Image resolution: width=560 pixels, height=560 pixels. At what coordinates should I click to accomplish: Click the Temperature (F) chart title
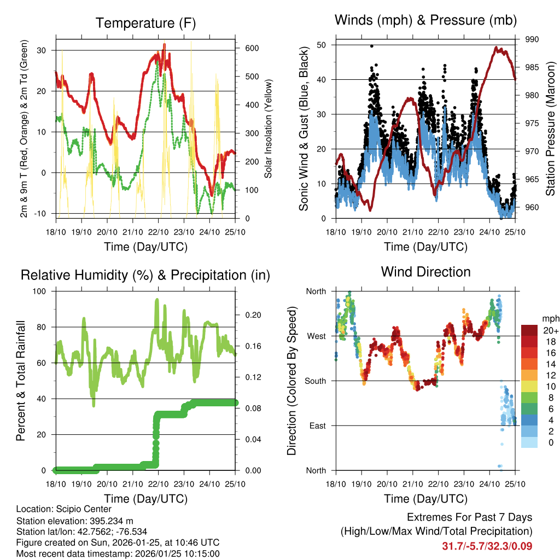145,24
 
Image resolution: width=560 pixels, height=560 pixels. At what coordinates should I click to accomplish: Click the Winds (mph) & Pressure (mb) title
425,20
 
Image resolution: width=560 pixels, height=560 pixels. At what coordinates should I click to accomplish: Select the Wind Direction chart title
425,272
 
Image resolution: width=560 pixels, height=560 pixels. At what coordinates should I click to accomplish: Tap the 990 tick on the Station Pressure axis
532,39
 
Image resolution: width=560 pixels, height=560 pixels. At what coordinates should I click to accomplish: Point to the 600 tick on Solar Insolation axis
252,48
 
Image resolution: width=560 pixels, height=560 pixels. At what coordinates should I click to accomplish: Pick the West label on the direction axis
316,336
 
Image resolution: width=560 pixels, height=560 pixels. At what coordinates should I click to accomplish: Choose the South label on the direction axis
315,381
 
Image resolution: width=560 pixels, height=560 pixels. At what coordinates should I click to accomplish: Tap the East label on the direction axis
317,425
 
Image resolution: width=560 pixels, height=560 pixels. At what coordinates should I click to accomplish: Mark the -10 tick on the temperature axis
42,213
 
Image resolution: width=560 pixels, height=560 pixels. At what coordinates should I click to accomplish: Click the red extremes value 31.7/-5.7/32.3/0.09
487,546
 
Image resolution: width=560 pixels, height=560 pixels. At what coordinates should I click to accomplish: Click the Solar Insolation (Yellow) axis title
269,129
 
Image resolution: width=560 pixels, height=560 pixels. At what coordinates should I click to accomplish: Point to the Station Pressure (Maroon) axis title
550,129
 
